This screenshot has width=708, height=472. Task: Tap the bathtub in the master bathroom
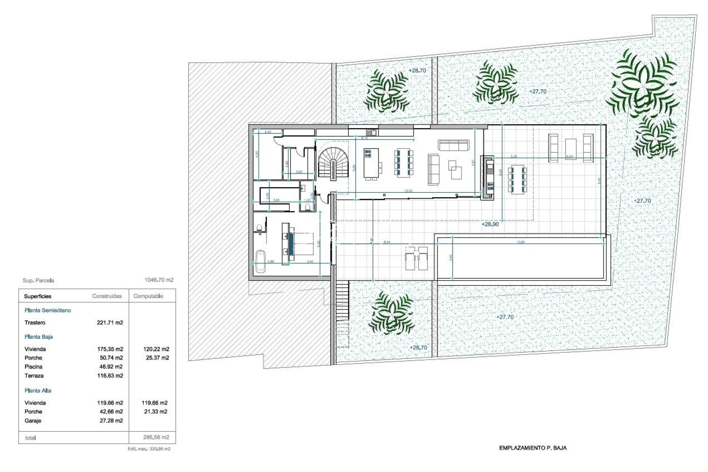coord(260,261)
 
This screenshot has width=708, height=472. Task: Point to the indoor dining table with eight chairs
coord(403,164)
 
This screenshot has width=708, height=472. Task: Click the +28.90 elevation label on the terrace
coord(490,224)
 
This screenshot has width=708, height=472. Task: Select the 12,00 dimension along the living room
coord(408,191)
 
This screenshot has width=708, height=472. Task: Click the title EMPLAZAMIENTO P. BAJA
coord(533,448)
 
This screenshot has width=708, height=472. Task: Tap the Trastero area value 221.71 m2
coord(110,323)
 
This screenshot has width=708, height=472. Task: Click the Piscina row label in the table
coord(34,367)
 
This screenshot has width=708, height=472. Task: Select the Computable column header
coord(148,296)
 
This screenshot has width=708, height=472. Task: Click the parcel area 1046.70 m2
coord(159,280)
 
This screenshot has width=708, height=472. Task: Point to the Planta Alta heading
coord(38,391)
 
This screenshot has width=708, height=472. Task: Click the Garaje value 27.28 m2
coord(110,421)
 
